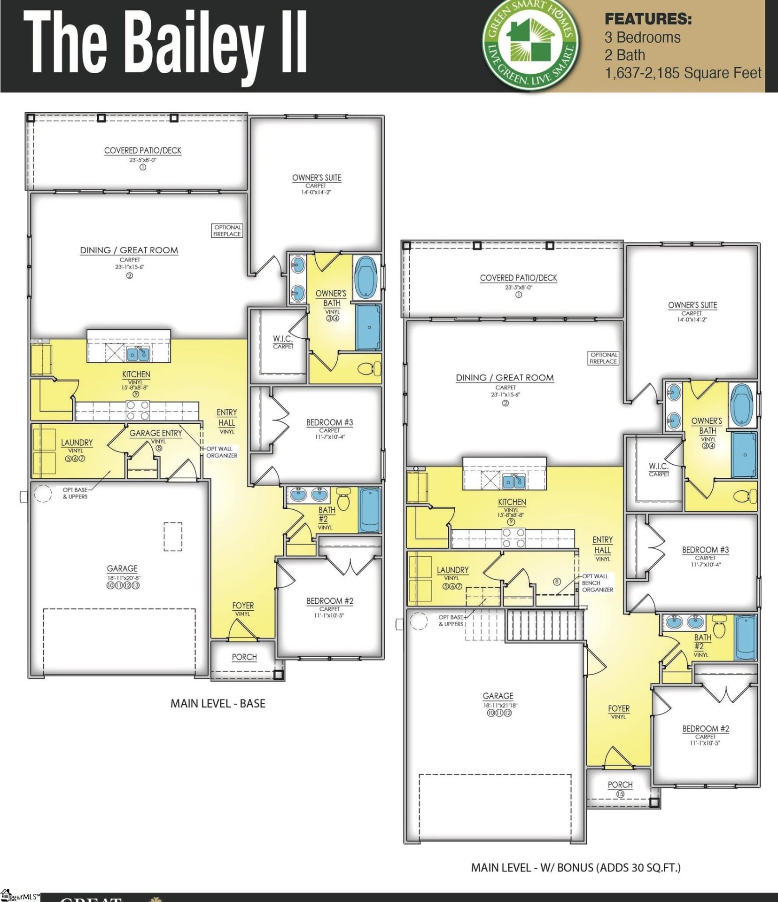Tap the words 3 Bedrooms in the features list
pos(642,38)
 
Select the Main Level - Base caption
pos(218,703)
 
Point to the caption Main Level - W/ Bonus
pos(576,867)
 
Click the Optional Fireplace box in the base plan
pos(227,231)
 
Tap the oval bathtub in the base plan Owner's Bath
pos(367,277)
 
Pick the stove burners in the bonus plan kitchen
pos(513,538)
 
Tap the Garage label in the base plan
pos(122,568)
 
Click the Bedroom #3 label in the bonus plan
pos(705,550)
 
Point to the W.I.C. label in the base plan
pos(283,339)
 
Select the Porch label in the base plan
pos(244,657)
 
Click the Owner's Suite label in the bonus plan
pos(692,305)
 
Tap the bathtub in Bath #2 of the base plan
pos(369,509)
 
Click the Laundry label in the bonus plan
pos(452,570)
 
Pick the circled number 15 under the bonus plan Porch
pos(620,794)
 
